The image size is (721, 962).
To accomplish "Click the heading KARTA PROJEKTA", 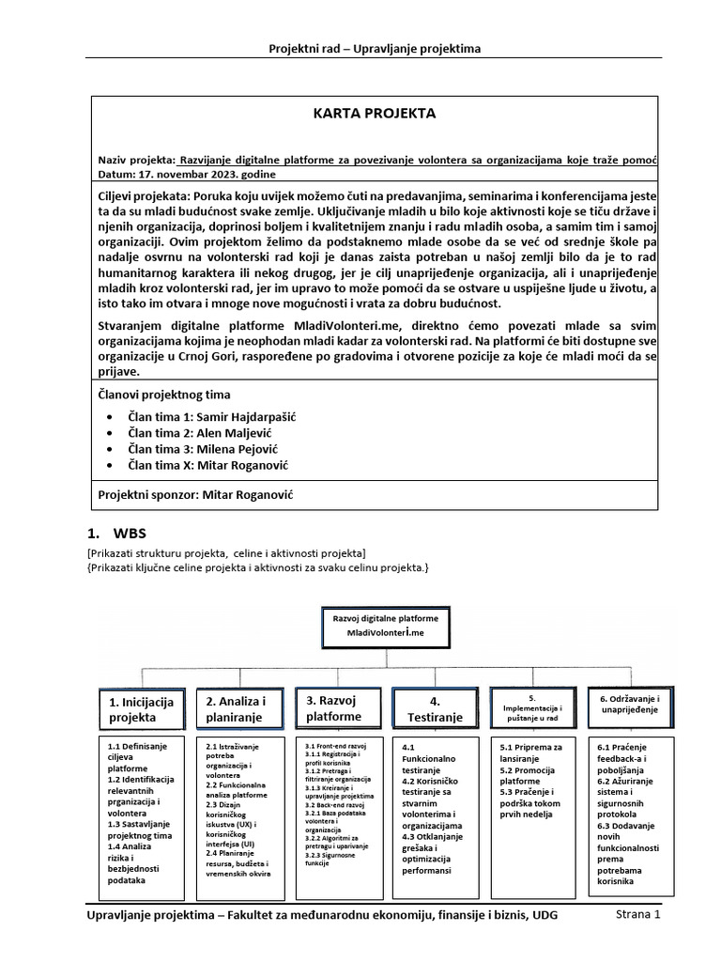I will pyautogui.click(x=374, y=114).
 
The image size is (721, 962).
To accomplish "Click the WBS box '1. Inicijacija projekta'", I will pyautogui.click(x=141, y=709).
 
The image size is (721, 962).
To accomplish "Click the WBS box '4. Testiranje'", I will pyautogui.click(x=434, y=709).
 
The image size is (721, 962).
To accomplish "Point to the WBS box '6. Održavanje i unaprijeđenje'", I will pyautogui.click(x=627, y=705).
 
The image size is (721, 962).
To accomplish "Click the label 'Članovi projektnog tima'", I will pyautogui.click(x=164, y=395).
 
